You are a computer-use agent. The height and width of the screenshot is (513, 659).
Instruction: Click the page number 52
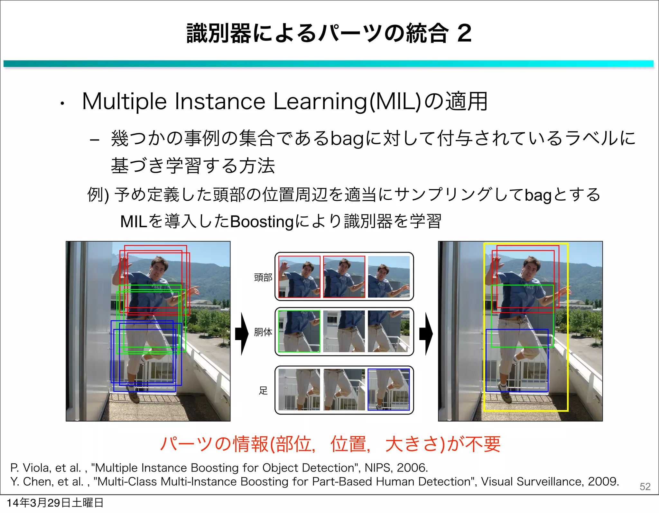(x=645, y=486)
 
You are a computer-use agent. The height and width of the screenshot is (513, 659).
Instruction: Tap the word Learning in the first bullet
(x=320, y=102)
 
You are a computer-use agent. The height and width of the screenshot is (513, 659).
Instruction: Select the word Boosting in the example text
(x=262, y=222)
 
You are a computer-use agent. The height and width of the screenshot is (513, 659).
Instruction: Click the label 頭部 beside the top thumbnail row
(x=263, y=277)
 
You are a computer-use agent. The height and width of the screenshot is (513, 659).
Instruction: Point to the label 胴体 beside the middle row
(x=263, y=332)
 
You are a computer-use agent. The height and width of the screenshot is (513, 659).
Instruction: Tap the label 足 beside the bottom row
(x=263, y=391)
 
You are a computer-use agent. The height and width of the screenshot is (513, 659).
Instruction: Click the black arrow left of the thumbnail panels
(x=242, y=334)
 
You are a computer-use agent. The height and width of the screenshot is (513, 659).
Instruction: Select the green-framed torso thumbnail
(x=299, y=331)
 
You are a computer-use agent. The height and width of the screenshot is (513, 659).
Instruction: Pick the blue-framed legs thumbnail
(x=388, y=389)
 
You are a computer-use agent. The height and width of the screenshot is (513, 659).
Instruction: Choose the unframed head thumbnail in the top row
(x=388, y=277)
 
